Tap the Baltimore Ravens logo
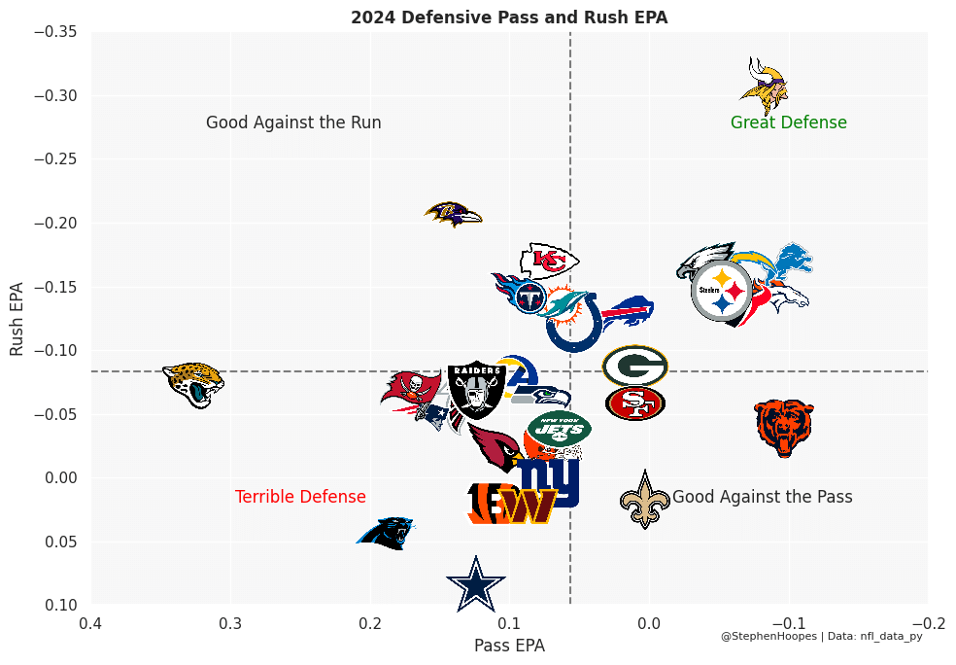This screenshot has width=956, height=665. pos(453,214)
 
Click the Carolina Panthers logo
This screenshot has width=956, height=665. pos(386,534)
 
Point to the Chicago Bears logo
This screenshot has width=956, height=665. pos(784,427)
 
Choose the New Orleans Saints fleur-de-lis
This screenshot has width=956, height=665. pos(645,499)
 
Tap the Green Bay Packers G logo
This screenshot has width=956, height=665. pos(634,367)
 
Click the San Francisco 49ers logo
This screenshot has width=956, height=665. pos(634,402)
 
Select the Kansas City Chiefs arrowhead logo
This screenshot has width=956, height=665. pos(549,262)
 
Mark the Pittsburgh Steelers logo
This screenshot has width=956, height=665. pos(722,291)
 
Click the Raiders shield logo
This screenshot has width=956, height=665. pos(475,390)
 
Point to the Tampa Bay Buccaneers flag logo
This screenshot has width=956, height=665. pos(411,390)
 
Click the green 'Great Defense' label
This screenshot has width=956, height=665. pos(788,123)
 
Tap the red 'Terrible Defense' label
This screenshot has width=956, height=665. pos(300,497)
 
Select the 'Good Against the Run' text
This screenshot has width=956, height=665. pos(293,123)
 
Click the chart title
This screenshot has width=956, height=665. pos(509,17)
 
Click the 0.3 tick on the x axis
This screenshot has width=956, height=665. pos(231,623)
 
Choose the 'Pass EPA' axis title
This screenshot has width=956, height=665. pos(509,646)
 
